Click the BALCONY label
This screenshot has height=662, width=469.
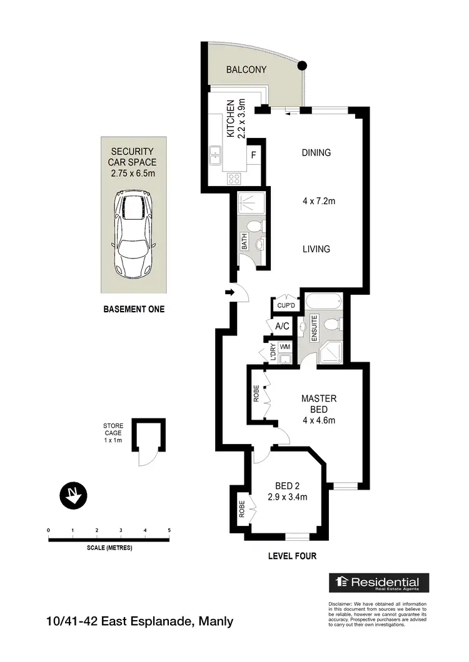(247, 70)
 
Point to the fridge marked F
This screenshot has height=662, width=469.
(254, 155)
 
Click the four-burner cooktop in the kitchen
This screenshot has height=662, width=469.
(235, 179)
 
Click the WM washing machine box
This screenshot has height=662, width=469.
(285, 347)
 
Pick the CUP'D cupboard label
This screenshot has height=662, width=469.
(285, 305)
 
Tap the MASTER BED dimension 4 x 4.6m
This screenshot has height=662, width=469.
(319, 420)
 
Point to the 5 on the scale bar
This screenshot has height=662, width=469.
(169, 531)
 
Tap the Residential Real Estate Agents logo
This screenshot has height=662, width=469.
(379, 583)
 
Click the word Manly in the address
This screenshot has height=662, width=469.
(216, 621)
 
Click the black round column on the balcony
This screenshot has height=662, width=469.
(303, 64)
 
